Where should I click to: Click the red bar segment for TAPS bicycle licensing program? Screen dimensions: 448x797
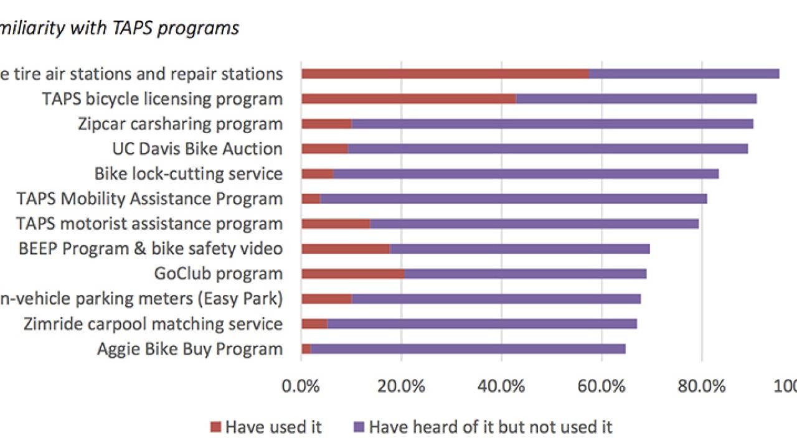(x=408, y=98)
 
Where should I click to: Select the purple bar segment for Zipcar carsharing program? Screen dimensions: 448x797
(x=552, y=123)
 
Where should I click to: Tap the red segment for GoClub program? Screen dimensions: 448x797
(x=352, y=274)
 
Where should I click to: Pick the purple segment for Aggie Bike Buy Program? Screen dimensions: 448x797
(x=468, y=348)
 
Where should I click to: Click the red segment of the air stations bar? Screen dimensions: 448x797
(x=445, y=73)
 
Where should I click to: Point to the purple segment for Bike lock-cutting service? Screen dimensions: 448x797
(x=526, y=174)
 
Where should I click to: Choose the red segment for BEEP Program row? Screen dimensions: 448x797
(x=346, y=249)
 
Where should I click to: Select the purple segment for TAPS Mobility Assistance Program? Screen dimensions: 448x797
(x=513, y=198)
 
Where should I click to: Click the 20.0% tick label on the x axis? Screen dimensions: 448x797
(x=402, y=386)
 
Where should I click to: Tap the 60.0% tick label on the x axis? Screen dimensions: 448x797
(x=601, y=386)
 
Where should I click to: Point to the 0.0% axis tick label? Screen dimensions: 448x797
(x=301, y=386)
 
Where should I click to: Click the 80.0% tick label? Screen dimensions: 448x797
(x=702, y=386)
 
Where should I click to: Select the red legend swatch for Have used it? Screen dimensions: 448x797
(x=215, y=427)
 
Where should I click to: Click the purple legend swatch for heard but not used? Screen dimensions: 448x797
(x=358, y=427)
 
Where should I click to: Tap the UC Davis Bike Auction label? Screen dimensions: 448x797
(x=197, y=149)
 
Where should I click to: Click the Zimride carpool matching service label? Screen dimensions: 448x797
(x=153, y=324)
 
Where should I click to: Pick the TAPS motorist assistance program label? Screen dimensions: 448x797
(x=149, y=223)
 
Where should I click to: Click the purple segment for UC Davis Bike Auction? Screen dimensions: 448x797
(x=547, y=149)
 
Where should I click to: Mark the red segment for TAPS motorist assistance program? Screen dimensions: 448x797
(x=336, y=223)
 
